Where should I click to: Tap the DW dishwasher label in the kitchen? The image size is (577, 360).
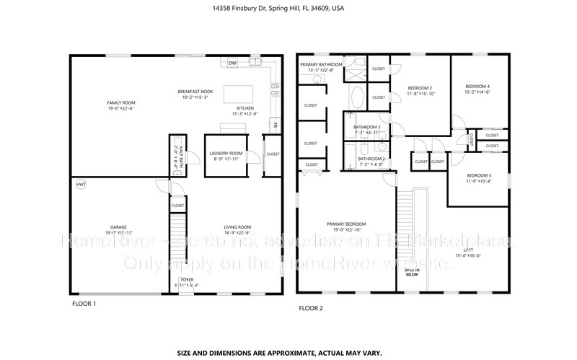[232, 63]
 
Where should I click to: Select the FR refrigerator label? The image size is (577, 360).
[275, 124]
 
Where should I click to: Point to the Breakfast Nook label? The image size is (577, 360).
[195, 92]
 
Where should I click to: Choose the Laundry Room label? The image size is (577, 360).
[226, 154]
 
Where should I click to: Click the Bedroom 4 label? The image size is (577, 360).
[477, 87]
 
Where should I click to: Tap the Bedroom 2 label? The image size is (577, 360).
[420, 87]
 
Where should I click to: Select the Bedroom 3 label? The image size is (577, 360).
[478, 176]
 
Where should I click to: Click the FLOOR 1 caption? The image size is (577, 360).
[84, 304]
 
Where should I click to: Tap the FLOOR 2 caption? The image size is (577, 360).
[311, 308]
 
